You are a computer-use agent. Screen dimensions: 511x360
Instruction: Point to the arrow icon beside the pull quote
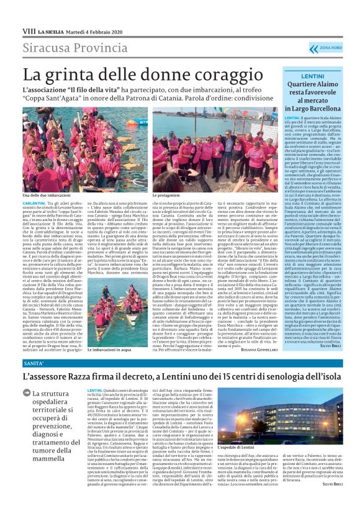pyautogui.click(x=27, y=393)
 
